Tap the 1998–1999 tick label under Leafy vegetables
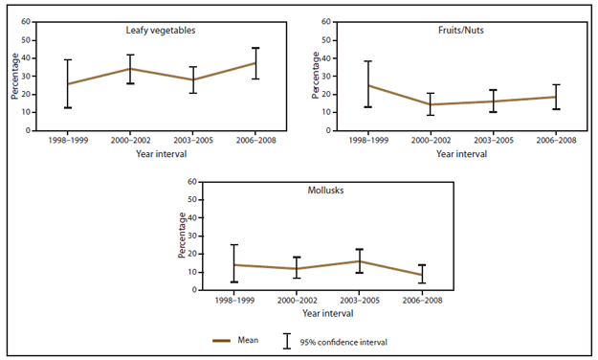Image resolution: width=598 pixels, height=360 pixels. (x=68, y=140)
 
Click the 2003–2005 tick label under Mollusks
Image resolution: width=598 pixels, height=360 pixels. (x=359, y=300)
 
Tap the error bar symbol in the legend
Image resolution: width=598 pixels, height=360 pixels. (x=286, y=339)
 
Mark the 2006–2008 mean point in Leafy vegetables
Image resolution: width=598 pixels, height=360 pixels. (x=255, y=62)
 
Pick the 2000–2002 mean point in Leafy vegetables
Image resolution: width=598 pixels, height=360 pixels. (x=130, y=68)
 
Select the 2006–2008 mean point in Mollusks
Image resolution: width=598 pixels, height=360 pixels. (x=421, y=275)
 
